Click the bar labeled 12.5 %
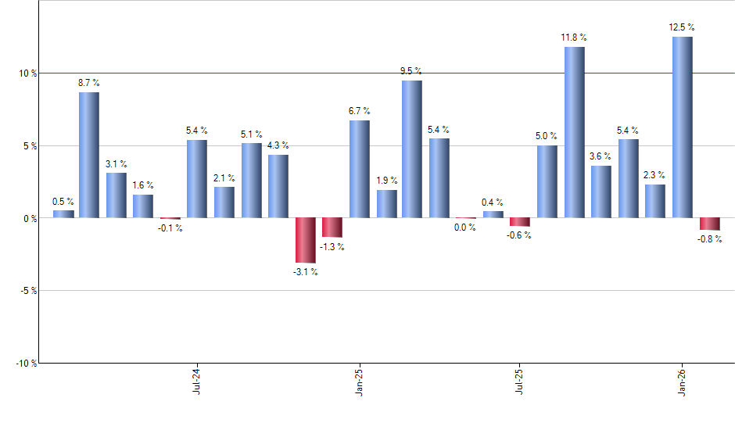pos(682,127)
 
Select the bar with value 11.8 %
pos(574,132)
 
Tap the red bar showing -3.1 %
pos(305,240)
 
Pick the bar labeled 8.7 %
pos(88,155)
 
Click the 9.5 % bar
pos(412,149)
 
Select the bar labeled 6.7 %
pos(359,169)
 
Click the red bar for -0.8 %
pos(709,224)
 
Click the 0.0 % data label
pos(465,228)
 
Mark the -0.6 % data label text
pos(519,235)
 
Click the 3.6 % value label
pos(601,156)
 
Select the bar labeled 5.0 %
pos(547,181)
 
